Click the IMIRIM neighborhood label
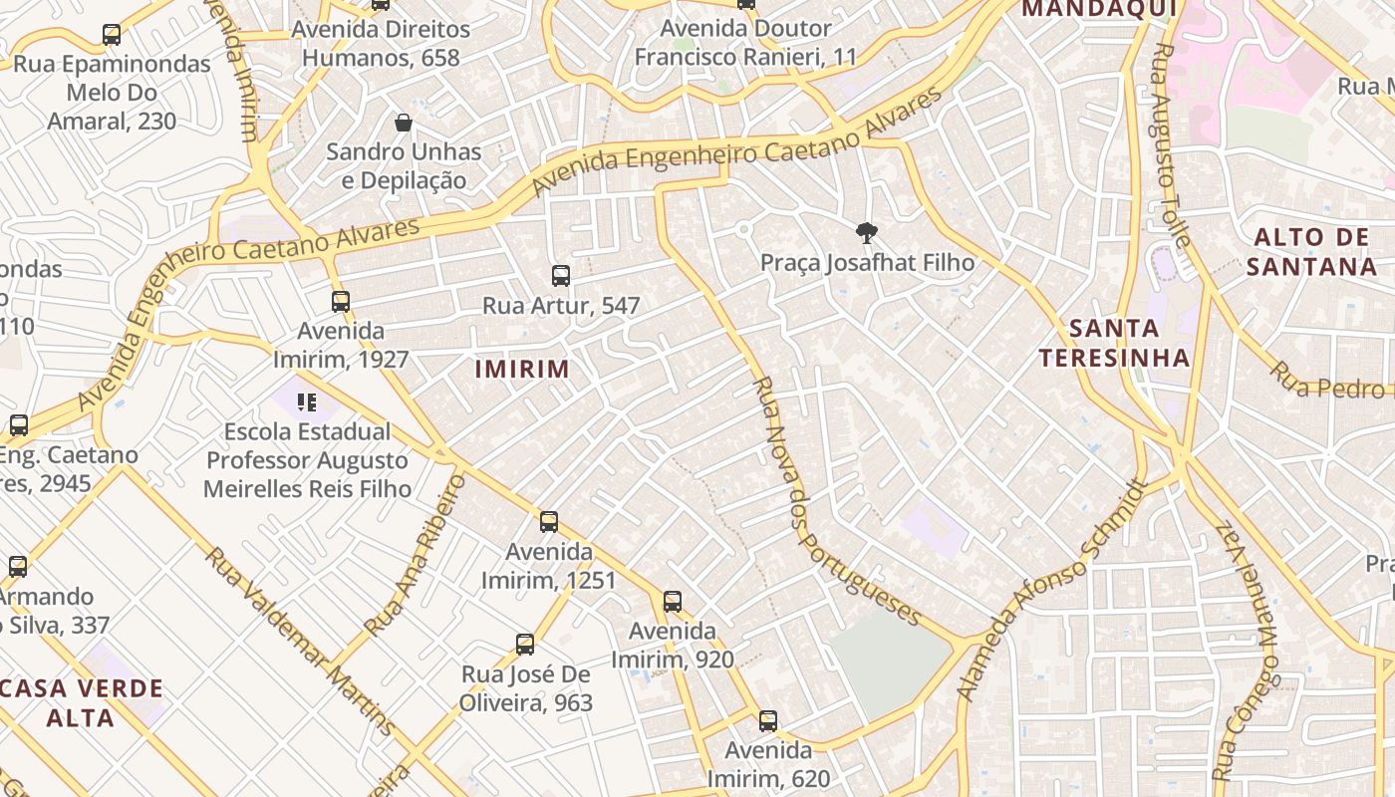[522, 370]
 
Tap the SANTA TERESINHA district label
[1114, 343]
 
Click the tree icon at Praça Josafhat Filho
[867, 233]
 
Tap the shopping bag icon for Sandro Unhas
[404, 123]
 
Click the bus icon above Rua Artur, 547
[561, 276]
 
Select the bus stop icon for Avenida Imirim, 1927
[341, 301]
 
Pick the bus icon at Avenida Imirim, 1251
[549, 522]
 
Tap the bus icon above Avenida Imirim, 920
[673, 602]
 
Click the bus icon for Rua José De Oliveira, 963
[525, 645]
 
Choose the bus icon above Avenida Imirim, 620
[767, 720]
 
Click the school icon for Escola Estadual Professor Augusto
[307, 402]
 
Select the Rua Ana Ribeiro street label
[416, 555]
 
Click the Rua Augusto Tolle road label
[1170, 144]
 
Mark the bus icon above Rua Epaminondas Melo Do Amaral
[112, 35]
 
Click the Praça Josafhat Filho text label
[867, 263]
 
